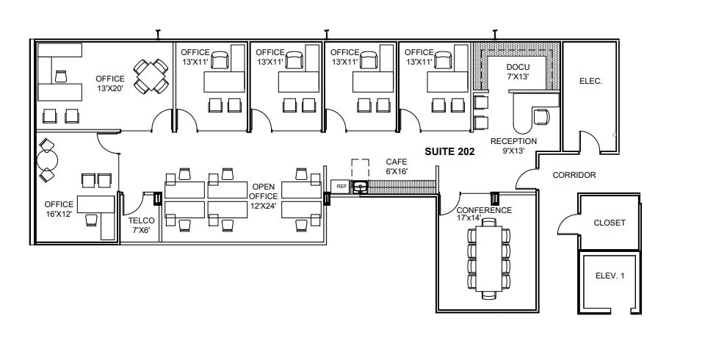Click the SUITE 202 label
click(x=449, y=152)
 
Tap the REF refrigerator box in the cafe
click(x=341, y=187)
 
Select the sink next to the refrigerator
click(x=360, y=187)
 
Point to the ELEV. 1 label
click(x=610, y=276)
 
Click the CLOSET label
click(x=610, y=223)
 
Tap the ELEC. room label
click(x=590, y=82)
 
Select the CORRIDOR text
click(x=574, y=175)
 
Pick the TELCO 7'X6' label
click(x=141, y=225)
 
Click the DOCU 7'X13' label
click(x=518, y=72)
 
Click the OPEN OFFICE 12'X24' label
click(x=264, y=196)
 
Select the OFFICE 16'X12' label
click(x=59, y=209)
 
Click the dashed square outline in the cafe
click(x=360, y=168)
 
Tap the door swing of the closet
click(x=566, y=223)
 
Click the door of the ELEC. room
click(x=587, y=140)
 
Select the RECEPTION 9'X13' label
click(x=513, y=145)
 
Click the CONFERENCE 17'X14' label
click(x=485, y=215)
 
